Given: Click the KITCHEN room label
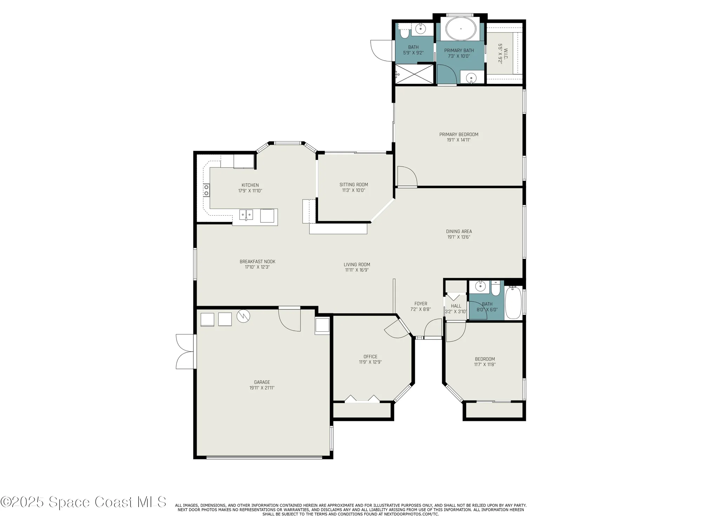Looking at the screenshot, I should (x=250, y=185).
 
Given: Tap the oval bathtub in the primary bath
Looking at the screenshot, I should (x=461, y=29).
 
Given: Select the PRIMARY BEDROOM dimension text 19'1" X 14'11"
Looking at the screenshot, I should (x=458, y=140).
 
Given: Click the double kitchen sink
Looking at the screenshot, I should (x=246, y=214).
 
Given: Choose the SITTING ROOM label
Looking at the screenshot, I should (x=353, y=184).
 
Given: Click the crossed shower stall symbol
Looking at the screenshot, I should (x=415, y=74).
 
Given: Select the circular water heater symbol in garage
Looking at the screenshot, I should (x=243, y=316).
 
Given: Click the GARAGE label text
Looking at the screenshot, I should (x=262, y=382).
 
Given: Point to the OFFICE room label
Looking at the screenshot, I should (x=370, y=356).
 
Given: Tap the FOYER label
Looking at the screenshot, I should (x=420, y=304).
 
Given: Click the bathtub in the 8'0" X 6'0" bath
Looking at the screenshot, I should (x=513, y=302).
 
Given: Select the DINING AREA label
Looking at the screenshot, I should (x=459, y=231).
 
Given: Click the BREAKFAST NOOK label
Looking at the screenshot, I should (x=257, y=262).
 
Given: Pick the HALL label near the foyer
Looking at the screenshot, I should (x=456, y=306).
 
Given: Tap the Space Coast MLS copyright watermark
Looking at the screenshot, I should (x=84, y=502).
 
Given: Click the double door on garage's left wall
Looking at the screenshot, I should (x=185, y=351).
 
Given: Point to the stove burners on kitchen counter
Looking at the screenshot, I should (x=206, y=190).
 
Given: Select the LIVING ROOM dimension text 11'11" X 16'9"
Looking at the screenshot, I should (x=357, y=270).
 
